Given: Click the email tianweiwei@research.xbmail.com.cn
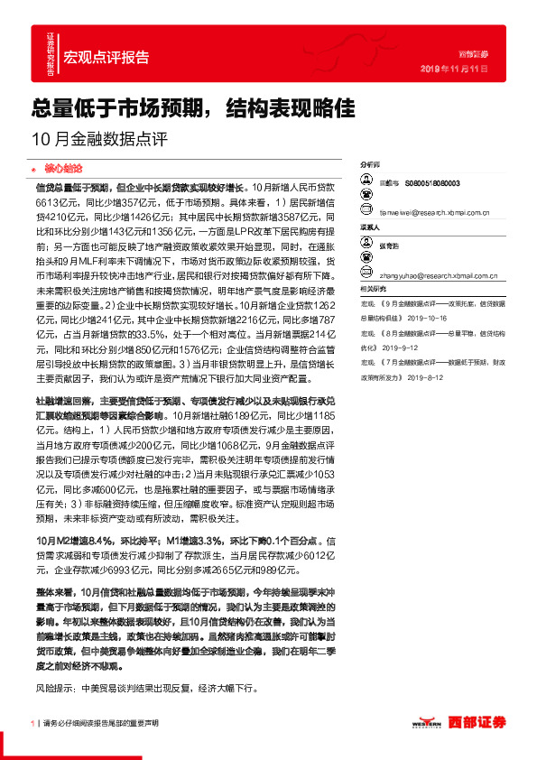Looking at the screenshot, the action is tap(433, 213).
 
